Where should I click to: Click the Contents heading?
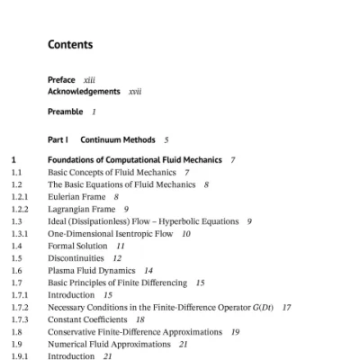[70, 44]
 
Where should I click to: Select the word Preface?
[61, 81]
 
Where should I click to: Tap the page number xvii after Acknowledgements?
[136, 91]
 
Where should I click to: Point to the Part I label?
[58, 139]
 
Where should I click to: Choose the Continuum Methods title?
[117, 139]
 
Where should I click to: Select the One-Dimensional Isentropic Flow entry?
[103, 233]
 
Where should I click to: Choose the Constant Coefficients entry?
[88, 319]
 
